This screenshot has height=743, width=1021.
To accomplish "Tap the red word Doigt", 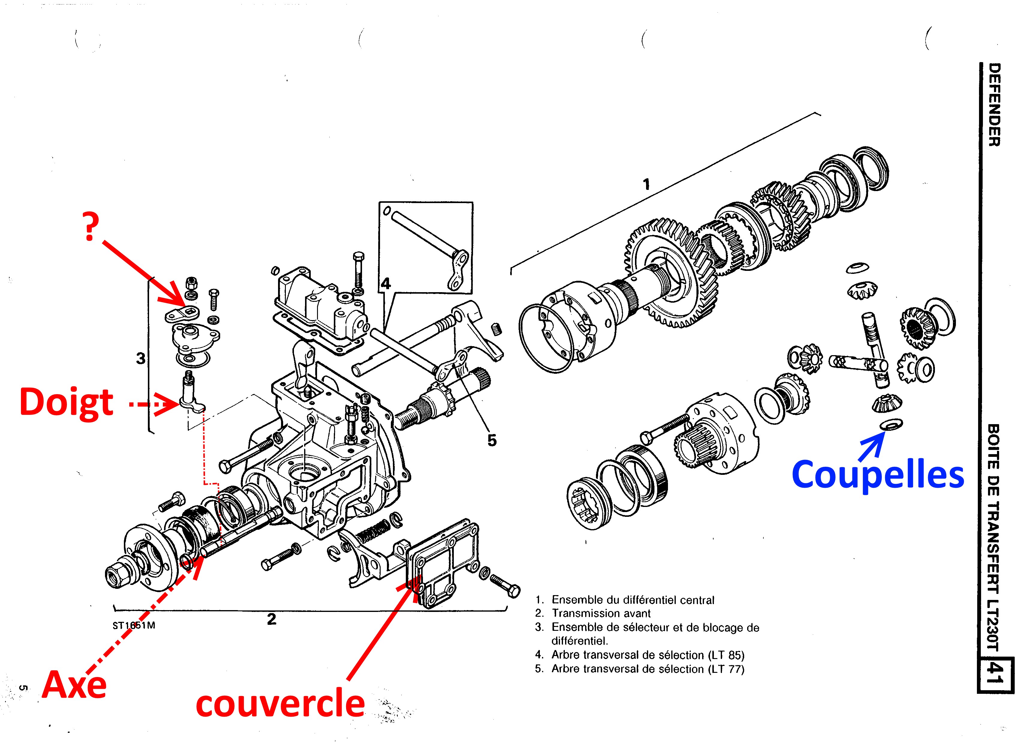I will click(67, 403).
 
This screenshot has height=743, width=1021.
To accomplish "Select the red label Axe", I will click(75, 685).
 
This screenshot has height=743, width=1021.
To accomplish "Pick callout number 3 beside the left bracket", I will click(141, 359).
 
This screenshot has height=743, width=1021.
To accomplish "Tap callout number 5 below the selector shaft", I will click(492, 440).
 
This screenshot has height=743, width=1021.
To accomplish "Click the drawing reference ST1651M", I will click(134, 625).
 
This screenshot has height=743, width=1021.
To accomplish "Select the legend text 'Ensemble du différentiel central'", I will click(633, 600).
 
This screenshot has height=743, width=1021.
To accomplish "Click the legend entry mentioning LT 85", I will click(648, 655).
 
